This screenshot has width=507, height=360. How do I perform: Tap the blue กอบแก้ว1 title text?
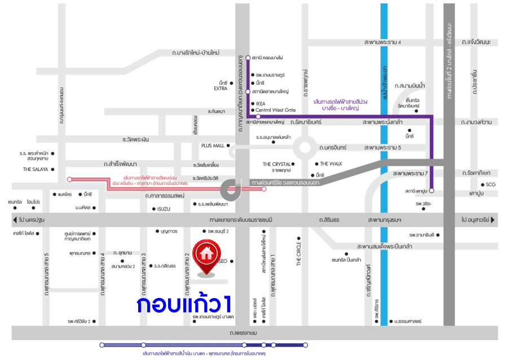point(184,305)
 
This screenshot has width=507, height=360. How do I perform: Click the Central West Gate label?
point(276,110)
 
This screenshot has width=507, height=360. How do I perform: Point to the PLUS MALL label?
point(213,145)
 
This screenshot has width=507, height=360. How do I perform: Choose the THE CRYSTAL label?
point(276,164)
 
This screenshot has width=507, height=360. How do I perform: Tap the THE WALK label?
point(332,164)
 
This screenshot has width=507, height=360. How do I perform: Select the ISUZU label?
point(160,209)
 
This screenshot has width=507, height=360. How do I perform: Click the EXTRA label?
point(220,89)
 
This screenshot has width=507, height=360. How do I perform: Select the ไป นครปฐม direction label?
point(31,219)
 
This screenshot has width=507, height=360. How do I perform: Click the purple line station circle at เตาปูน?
point(431,191)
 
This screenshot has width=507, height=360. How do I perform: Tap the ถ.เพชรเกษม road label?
point(243,333)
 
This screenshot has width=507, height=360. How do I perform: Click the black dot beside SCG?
point(483,185)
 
